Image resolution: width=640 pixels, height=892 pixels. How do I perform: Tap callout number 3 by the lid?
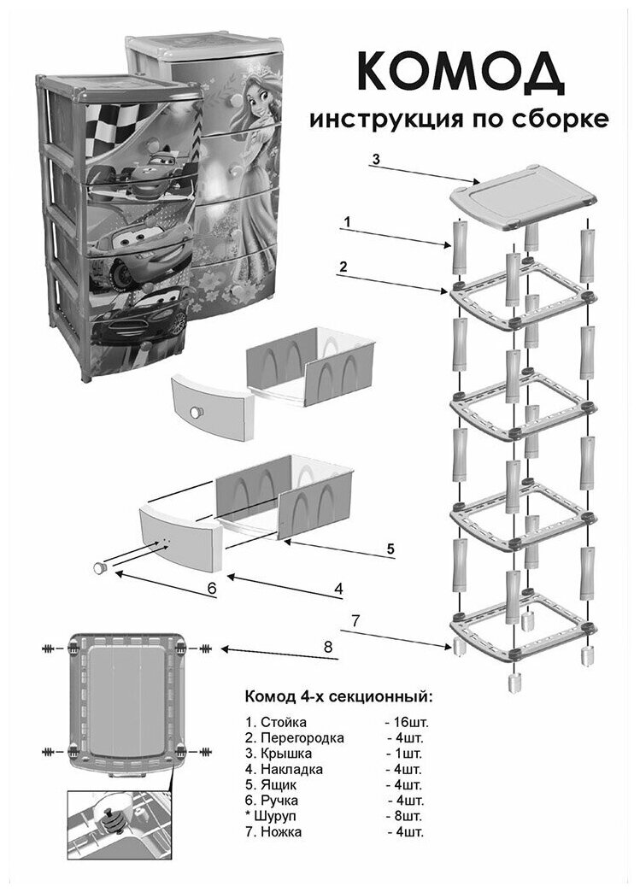pos(377,160)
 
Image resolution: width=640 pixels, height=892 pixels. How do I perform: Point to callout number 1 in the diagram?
pos(346,220)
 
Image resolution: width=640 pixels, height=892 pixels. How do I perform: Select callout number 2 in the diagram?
pos(343,267)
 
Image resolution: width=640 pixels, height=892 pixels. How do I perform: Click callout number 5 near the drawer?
pos(390,549)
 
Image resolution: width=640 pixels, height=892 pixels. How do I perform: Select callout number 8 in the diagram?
pos(326,647)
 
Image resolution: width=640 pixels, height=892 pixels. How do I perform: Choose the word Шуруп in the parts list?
pos(279,814)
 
